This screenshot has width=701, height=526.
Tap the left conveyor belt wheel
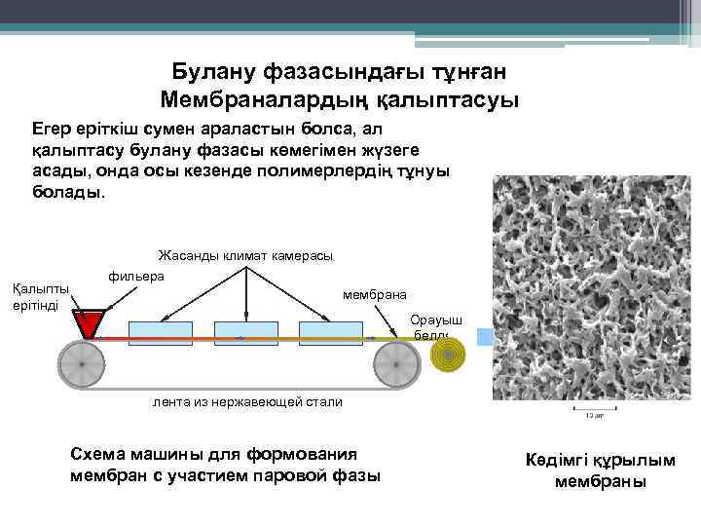tap(82, 366)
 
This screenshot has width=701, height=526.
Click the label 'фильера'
tap(136, 277)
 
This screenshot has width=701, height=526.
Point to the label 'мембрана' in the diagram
tap(376, 294)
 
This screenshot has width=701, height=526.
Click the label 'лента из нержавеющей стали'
tap(247, 401)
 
